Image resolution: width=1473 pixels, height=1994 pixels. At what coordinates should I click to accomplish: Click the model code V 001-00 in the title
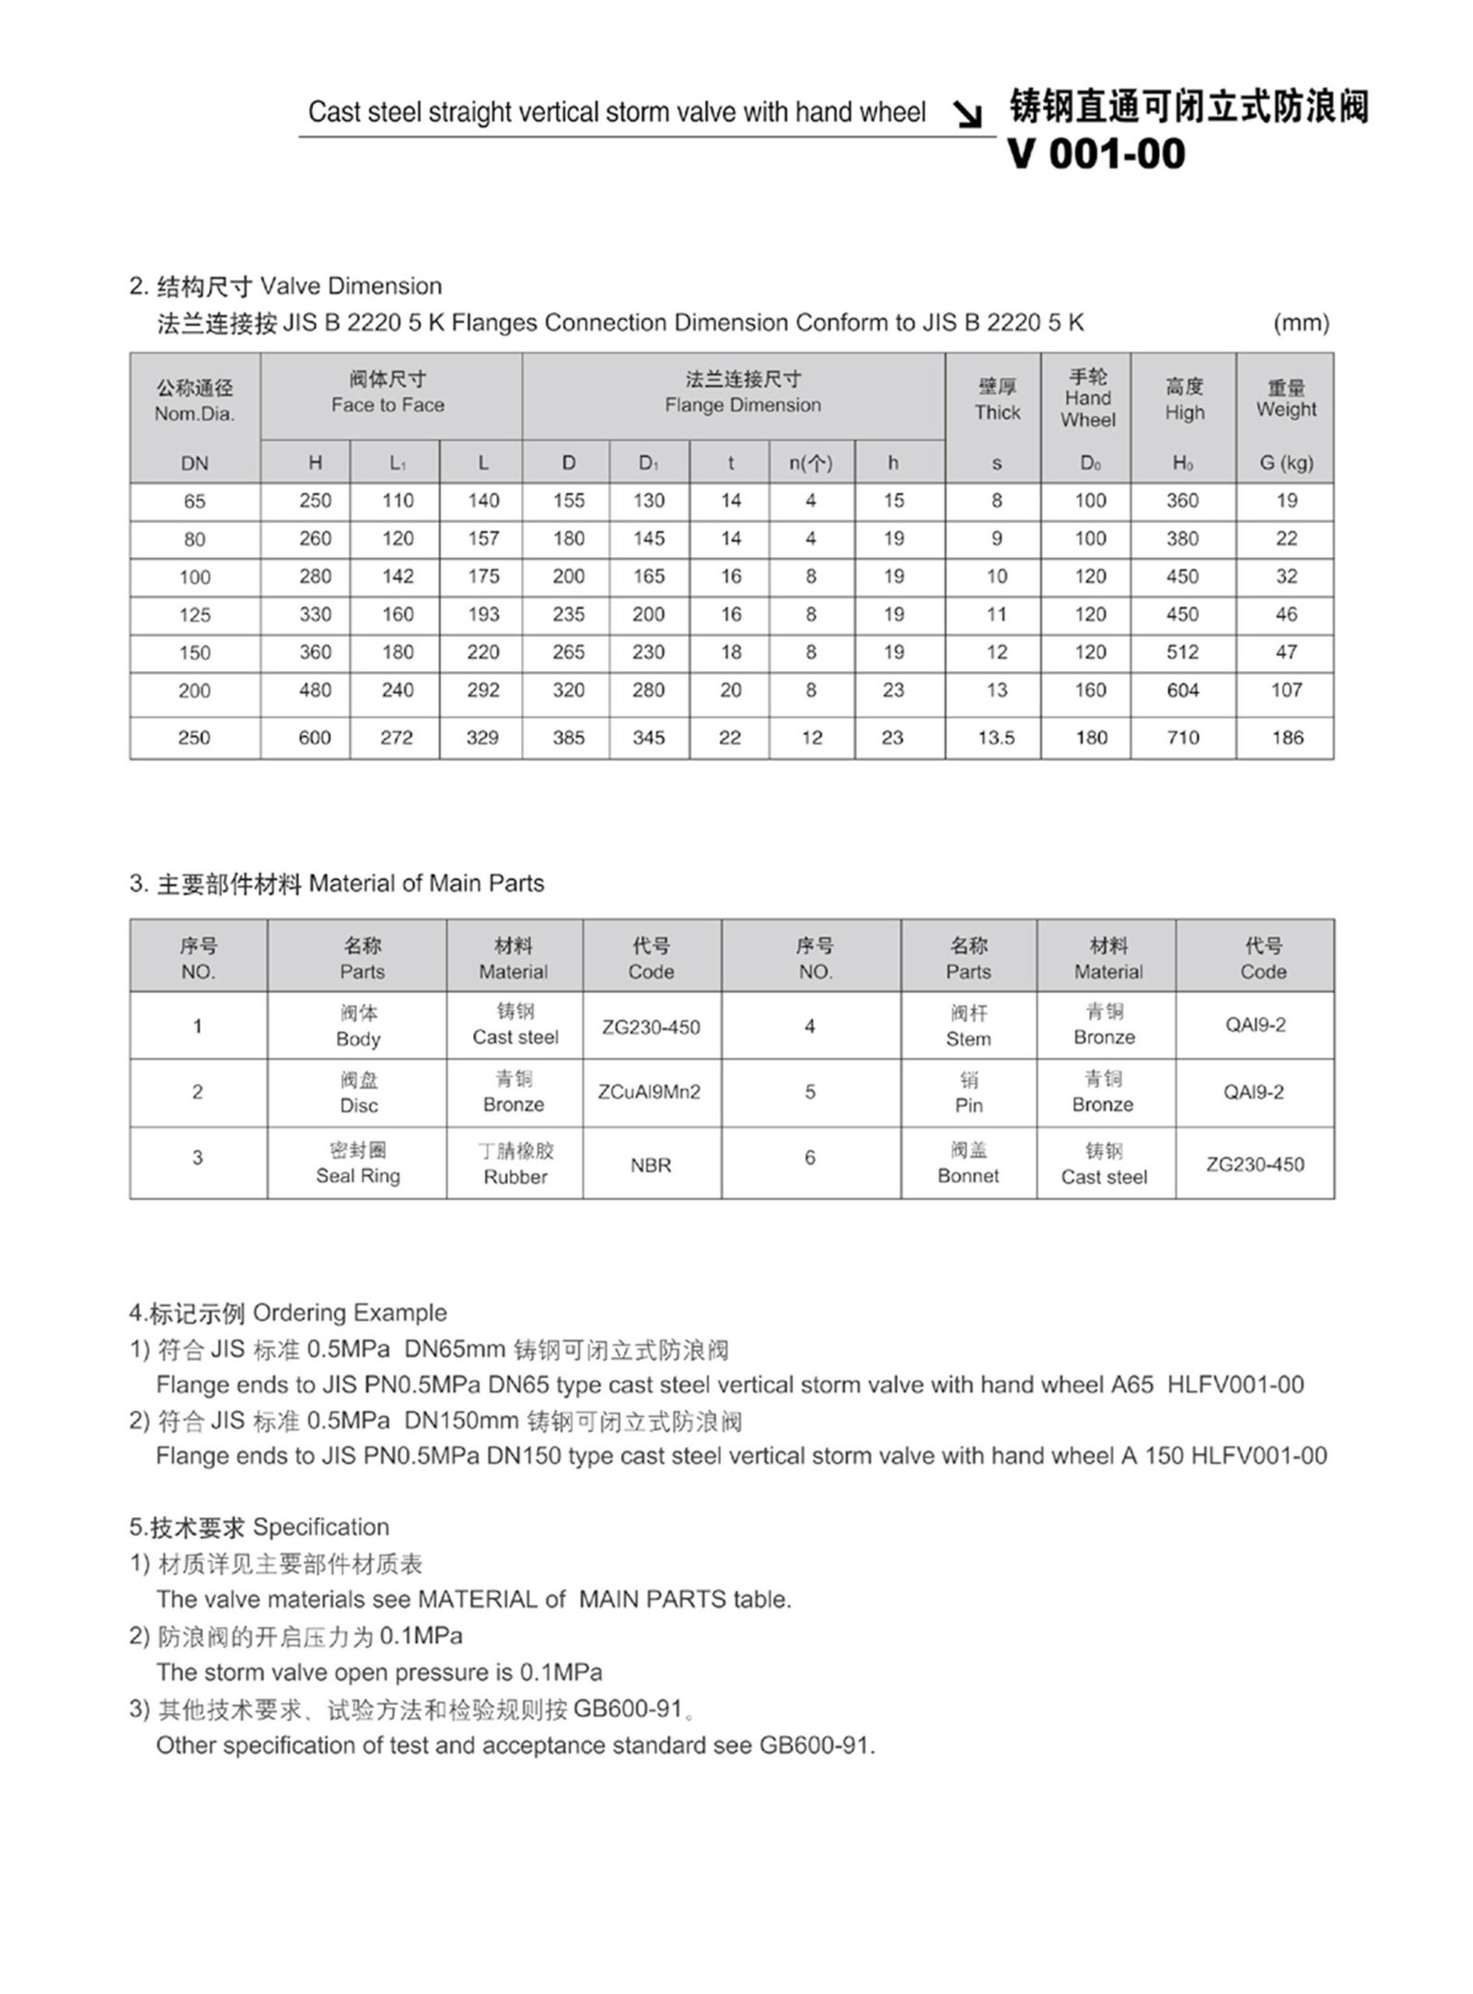[x=1096, y=154]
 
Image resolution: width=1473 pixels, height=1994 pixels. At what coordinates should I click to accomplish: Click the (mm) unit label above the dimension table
[x=1301, y=323]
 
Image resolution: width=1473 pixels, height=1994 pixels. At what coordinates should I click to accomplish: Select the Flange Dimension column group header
[x=742, y=405]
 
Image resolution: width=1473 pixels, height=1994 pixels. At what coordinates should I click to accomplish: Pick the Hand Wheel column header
[x=1087, y=398]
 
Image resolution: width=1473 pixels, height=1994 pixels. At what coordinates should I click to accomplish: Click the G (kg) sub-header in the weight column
[x=1286, y=463]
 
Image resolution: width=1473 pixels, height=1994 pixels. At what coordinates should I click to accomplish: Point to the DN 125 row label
[x=194, y=615]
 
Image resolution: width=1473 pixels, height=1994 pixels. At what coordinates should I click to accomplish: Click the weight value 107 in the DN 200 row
[x=1286, y=690]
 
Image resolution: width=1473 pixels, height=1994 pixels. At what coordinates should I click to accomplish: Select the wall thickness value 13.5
[x=996, y=737]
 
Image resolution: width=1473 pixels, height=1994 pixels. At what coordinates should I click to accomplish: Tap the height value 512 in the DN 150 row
[x=1182, y=653]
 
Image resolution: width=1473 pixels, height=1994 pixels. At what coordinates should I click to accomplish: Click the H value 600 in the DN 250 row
[x=315, y=737]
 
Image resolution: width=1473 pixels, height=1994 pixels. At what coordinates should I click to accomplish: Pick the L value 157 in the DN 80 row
[x=482, y=539]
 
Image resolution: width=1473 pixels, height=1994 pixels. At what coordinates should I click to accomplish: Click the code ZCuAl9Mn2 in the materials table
[x=650, y=1092]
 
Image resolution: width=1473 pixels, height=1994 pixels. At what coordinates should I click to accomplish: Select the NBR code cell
[x=650, y=1165]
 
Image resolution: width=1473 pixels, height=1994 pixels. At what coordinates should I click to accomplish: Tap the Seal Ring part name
[x=358, y=1176]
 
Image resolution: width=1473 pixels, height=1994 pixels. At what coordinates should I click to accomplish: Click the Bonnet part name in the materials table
[x=968, y=1176]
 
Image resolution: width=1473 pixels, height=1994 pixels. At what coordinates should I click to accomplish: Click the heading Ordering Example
[x=349, y=1313]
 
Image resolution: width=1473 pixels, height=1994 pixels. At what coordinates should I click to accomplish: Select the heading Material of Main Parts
[x=426, y=884]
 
